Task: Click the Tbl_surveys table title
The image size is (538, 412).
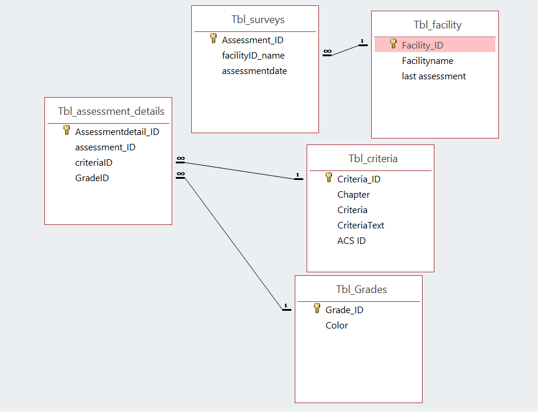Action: click(x=257, y=20)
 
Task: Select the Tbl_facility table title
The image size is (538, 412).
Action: click(x=437, y=25)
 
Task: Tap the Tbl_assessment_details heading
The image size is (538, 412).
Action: click(x=111, y=111)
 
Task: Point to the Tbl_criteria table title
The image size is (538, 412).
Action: click(x=373, y=159)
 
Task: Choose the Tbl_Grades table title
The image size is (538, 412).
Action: click(x=361, y=289)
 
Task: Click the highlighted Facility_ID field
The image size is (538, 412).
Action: click(x=422, y=45)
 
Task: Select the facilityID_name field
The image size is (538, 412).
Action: click(x=253, y=56)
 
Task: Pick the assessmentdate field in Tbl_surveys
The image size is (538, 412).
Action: click(x=254, y=71)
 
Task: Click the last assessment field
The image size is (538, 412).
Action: click(x=433, y=76)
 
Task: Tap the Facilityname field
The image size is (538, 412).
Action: click(x=427, y=61)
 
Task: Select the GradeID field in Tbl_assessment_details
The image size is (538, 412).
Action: click(x=92, y=178)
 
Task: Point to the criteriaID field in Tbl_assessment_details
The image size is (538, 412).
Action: click(x=94, y=163)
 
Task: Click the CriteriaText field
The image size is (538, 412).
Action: click(x=360, y=226)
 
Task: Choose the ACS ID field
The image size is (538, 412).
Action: click(x=352, y=241)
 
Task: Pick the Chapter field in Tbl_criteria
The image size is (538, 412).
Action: click(x=353, y=195)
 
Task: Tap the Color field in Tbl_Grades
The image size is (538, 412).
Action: click(x=337, y=326)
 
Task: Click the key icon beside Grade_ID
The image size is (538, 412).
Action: click(x=317, y=308)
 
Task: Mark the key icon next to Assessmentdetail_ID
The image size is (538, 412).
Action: click(x=67, y=131)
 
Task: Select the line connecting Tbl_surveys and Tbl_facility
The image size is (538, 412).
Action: click(x=346, y=50)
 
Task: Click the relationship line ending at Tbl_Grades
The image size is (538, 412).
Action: click(x=234, y=242)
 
